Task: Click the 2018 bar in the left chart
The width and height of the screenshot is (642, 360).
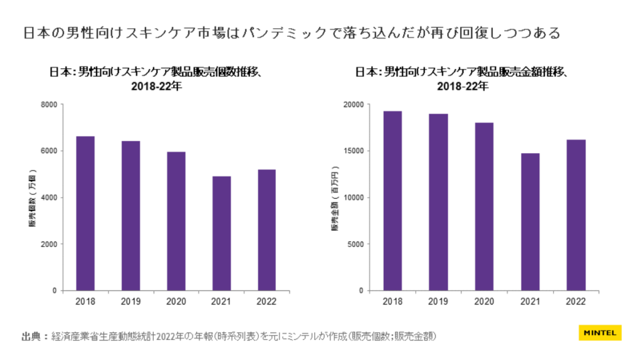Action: (85, 213)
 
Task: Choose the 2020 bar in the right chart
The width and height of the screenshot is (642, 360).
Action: (484, 206)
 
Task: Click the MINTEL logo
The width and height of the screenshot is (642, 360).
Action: (599, 332)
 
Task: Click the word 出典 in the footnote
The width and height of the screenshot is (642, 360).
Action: (31, 336)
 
